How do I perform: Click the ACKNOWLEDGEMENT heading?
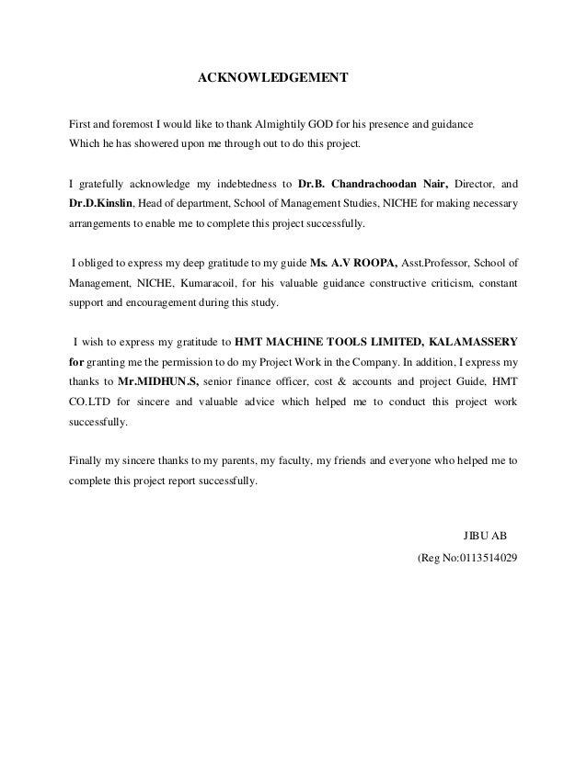[273, 77]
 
